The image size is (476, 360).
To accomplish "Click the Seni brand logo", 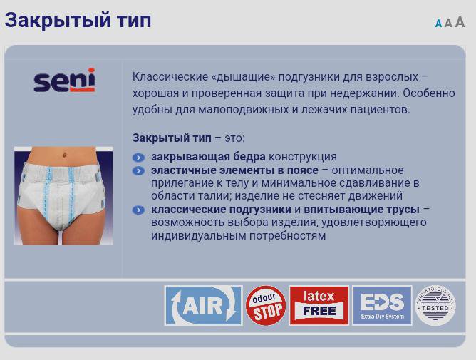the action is [x=64, y=80].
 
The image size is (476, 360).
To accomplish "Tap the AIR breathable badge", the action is [x=203, y=306].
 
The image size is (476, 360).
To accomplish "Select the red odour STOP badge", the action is [x=266, y=306].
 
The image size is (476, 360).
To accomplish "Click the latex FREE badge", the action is [x=319, y=306].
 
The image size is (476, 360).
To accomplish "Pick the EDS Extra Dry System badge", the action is [x=382, y=306].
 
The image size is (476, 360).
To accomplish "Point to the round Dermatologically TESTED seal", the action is [x=435, y=306].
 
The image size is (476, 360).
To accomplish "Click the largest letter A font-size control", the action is [x=460, y=22].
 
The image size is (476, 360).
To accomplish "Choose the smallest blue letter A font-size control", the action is [x=438, y=24].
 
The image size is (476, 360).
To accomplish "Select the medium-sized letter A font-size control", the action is [x=448, y=23].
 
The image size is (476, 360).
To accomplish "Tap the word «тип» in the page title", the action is [x=134, y=21].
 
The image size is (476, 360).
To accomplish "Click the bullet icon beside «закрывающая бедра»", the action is [x=138, y=158].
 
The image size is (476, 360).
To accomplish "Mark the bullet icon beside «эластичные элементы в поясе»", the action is [x=138, y=171].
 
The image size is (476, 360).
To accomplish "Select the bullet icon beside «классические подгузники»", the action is [x=138, y=210].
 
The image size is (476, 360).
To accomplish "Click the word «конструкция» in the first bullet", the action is [x=303, y=157].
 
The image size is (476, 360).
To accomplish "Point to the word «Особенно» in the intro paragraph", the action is [x=429, y=93].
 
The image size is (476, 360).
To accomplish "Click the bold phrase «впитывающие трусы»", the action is [x=361, y=210].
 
